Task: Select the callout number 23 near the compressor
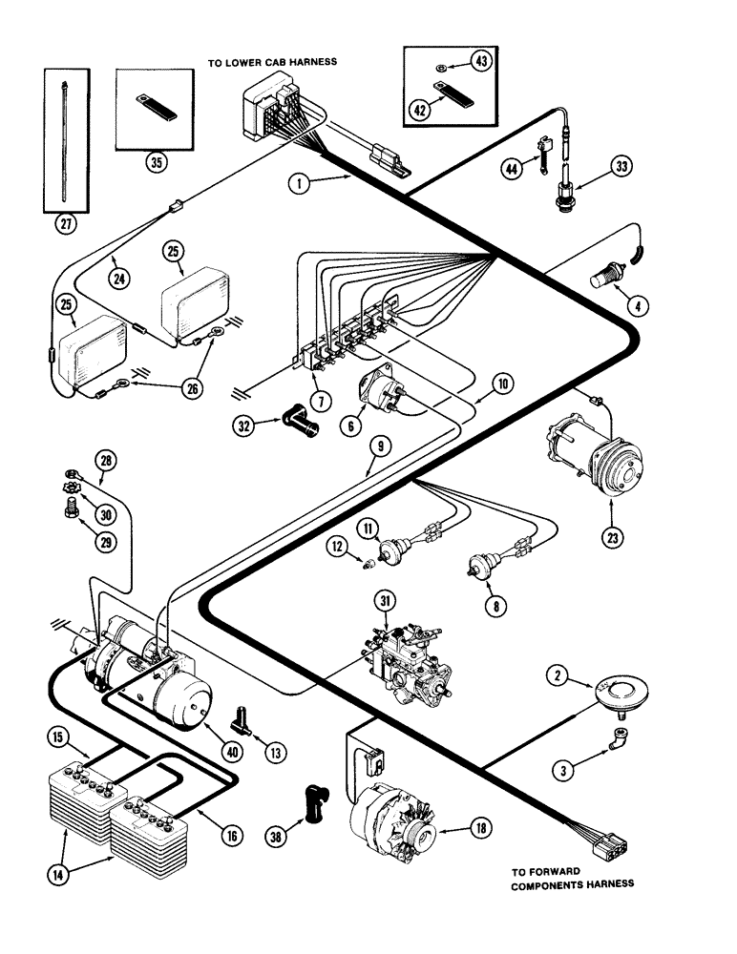click(x=611, y=538)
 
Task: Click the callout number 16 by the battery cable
click(x=229, y=836)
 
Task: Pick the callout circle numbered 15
click(x=58, y=736)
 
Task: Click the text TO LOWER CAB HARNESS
click(x=273, y=63)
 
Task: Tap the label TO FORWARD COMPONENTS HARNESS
click(x=572, y=877)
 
